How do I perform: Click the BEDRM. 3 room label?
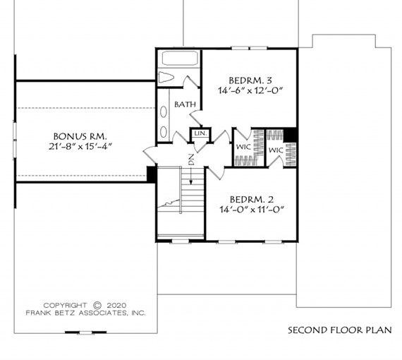point(250,80)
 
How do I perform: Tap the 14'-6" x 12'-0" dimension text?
point(250,90)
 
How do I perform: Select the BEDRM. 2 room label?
point(252,199)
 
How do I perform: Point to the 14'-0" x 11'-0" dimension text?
point(252,210)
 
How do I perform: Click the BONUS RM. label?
point(80,136)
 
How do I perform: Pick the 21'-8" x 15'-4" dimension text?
point(80,147)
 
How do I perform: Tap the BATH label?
point(185,104)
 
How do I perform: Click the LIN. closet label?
point(200,133)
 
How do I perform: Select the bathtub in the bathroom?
point(180,59)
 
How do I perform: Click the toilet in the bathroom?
point(166,77)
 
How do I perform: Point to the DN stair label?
point(191,160)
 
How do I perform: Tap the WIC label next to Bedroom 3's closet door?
point(243,148)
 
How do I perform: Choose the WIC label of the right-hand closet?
point(276,150)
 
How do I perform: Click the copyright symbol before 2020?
point(97,306)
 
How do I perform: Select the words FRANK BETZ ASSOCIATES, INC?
point(85,313)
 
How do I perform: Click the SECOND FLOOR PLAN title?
point(340,330)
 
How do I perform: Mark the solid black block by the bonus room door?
point(151,174)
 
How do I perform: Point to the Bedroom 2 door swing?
point(216,173)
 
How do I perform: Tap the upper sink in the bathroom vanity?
point(164,112)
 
